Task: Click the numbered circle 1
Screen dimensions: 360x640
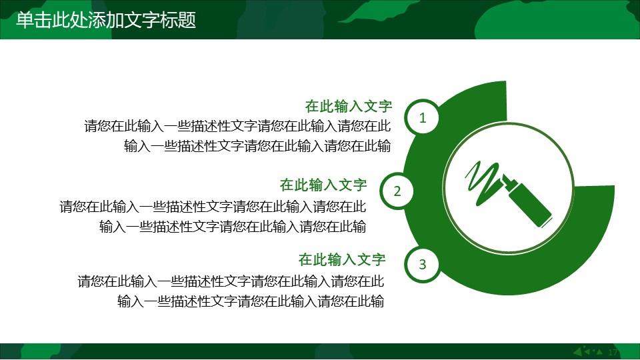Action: [x=422, y=119]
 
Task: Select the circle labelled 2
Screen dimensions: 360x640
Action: [x=397, y=192]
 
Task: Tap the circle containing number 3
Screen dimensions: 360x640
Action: [x=422, y=265]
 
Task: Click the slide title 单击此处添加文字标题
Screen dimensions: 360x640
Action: [x=106, y=20]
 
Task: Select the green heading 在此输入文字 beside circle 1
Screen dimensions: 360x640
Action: [x=348, y=107]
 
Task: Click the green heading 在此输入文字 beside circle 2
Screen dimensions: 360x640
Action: [x=323, y=185]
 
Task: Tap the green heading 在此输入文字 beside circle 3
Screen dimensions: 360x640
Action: [x=342, y=259]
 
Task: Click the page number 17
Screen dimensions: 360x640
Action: [x=614, y=352]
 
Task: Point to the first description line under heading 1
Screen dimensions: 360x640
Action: [x=237, y=125]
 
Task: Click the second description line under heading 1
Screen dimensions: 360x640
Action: [x=257, y=146]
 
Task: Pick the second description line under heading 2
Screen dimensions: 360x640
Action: [x=233, y=227]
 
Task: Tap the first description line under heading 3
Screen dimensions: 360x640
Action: [x=231, y=281]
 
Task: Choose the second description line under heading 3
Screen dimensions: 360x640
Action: [x=251, y=301]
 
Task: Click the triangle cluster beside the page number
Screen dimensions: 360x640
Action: [x=589, y=351]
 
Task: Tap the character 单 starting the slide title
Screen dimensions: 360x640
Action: [x=24, y=20]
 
